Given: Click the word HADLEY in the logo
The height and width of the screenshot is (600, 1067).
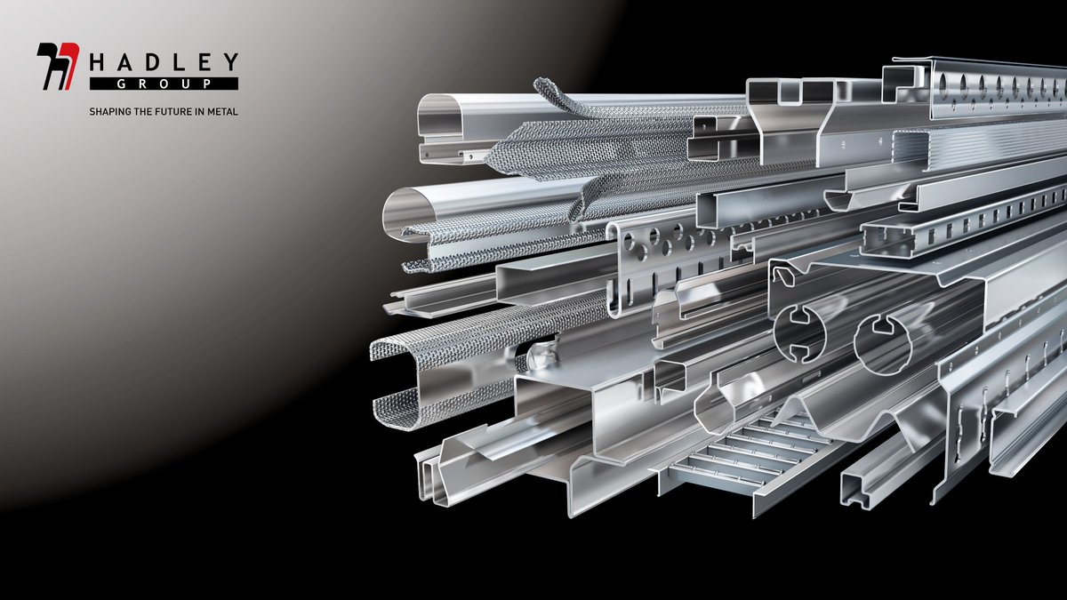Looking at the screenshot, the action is (x=164, y=62).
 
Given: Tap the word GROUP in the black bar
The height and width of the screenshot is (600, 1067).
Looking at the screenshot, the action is (x=164, y=84).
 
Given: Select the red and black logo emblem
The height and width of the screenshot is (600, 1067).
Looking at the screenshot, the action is (x=58, y=66).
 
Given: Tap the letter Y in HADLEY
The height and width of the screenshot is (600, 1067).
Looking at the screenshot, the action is (x=231, y=62).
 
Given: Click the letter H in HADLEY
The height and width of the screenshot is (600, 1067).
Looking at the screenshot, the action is (x=97, y=62).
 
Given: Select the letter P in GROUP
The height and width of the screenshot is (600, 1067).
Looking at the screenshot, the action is (x=206, y=84).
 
